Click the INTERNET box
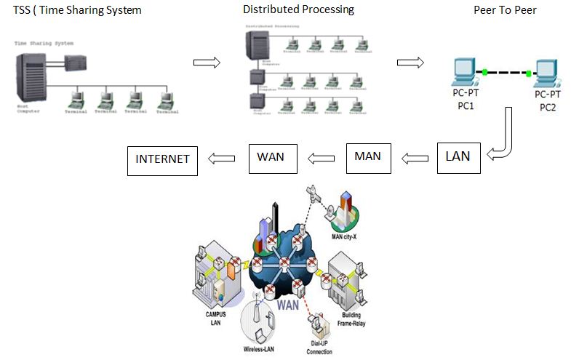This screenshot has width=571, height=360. [162, 160]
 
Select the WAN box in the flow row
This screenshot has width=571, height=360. [273, 158]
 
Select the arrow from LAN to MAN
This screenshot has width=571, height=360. [415, 156]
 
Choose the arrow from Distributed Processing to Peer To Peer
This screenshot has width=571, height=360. [410, 63]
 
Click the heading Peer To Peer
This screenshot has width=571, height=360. [505, 10]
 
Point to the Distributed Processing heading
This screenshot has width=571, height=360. [298, 9]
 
